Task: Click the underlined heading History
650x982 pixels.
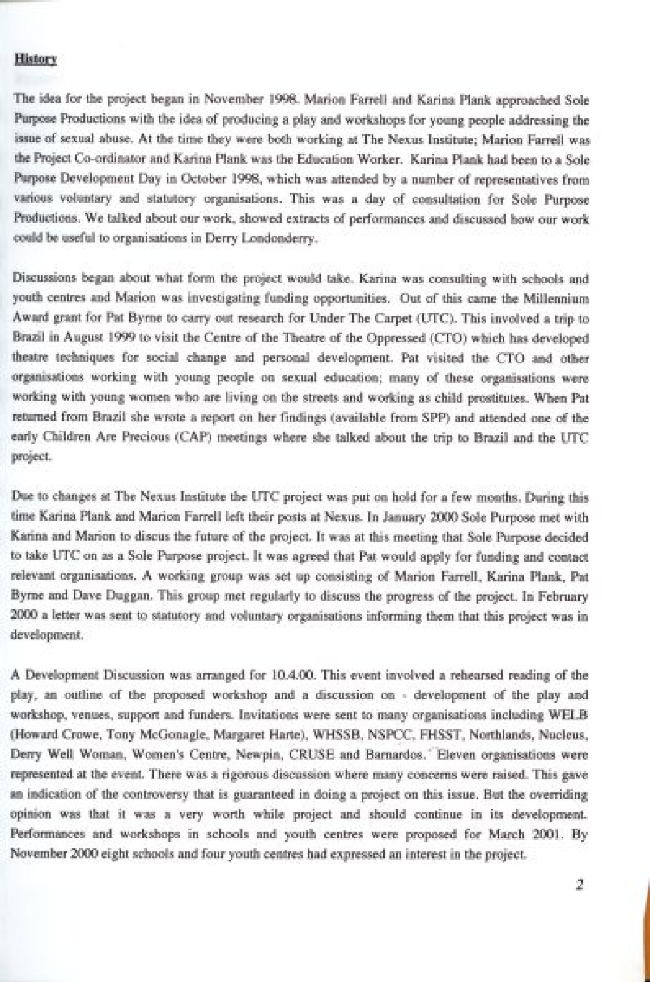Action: (36, 59)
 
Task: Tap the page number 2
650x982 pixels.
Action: (579, 885)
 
